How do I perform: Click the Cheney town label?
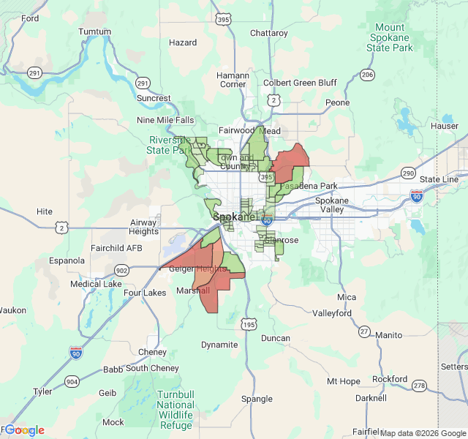152,352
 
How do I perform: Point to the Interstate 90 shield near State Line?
416,195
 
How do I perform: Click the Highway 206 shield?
367,75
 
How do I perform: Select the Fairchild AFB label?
116,248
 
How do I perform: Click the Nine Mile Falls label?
166,120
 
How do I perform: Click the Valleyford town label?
332,313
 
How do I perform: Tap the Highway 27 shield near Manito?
364,331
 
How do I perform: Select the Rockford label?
389,379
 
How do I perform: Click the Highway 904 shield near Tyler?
72,381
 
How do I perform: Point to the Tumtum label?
94,32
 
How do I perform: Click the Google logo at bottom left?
24,430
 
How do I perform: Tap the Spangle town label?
257,399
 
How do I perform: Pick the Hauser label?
445,126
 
